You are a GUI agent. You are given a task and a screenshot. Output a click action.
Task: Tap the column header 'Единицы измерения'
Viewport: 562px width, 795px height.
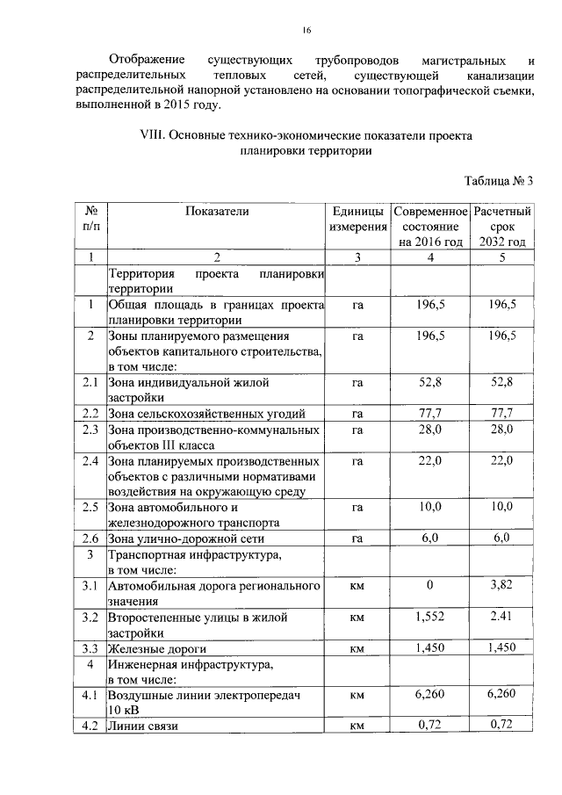[357, 220]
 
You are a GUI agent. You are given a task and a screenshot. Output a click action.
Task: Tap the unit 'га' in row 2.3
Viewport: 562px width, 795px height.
[357, 430]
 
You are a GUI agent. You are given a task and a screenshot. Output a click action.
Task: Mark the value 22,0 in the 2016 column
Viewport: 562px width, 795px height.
[430, 460]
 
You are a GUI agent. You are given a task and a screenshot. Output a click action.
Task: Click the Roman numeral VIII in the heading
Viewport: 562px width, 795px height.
[152, 136]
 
